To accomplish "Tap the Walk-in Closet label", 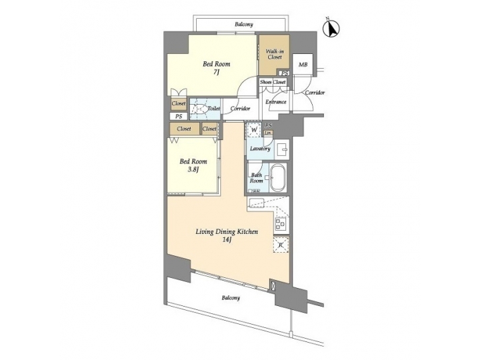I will click(274, 53).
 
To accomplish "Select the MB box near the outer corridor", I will click(303, 65).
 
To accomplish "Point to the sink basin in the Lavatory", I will click(281, 149).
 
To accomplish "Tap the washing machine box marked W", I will click(253, 129).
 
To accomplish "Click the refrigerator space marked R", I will click(281, 245).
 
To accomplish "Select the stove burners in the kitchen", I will click(281, 224).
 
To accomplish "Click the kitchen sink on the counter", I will click(257, 202).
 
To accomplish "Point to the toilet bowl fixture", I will click(198, 108).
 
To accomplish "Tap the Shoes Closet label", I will click(273, 82).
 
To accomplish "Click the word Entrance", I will click(276, 102).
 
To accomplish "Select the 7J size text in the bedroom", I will click(217, 73).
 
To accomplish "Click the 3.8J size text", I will click(193, 170).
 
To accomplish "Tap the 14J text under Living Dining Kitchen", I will click(226, 240).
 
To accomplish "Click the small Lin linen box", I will click(269, 133).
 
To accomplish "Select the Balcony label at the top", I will click(243, 25).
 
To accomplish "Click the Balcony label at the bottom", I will click(231, 298).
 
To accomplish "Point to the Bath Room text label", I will click(257, 178).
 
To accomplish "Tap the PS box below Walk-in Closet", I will click(284, 73).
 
